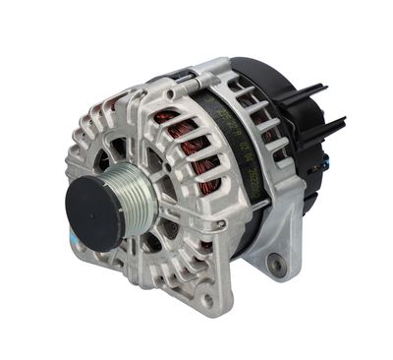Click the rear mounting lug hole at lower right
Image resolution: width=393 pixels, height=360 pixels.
[x=278, y=263]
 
